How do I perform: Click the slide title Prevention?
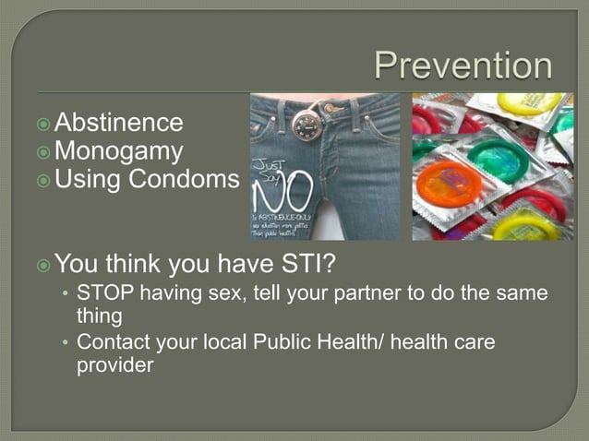(463, 66)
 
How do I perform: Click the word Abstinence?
(119, 123)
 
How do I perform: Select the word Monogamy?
(119, 150)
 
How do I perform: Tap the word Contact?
(113, 342)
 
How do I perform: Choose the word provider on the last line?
(114, 364)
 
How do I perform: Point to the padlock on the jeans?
(305, 125)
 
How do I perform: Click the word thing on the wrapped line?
(99, 316)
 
